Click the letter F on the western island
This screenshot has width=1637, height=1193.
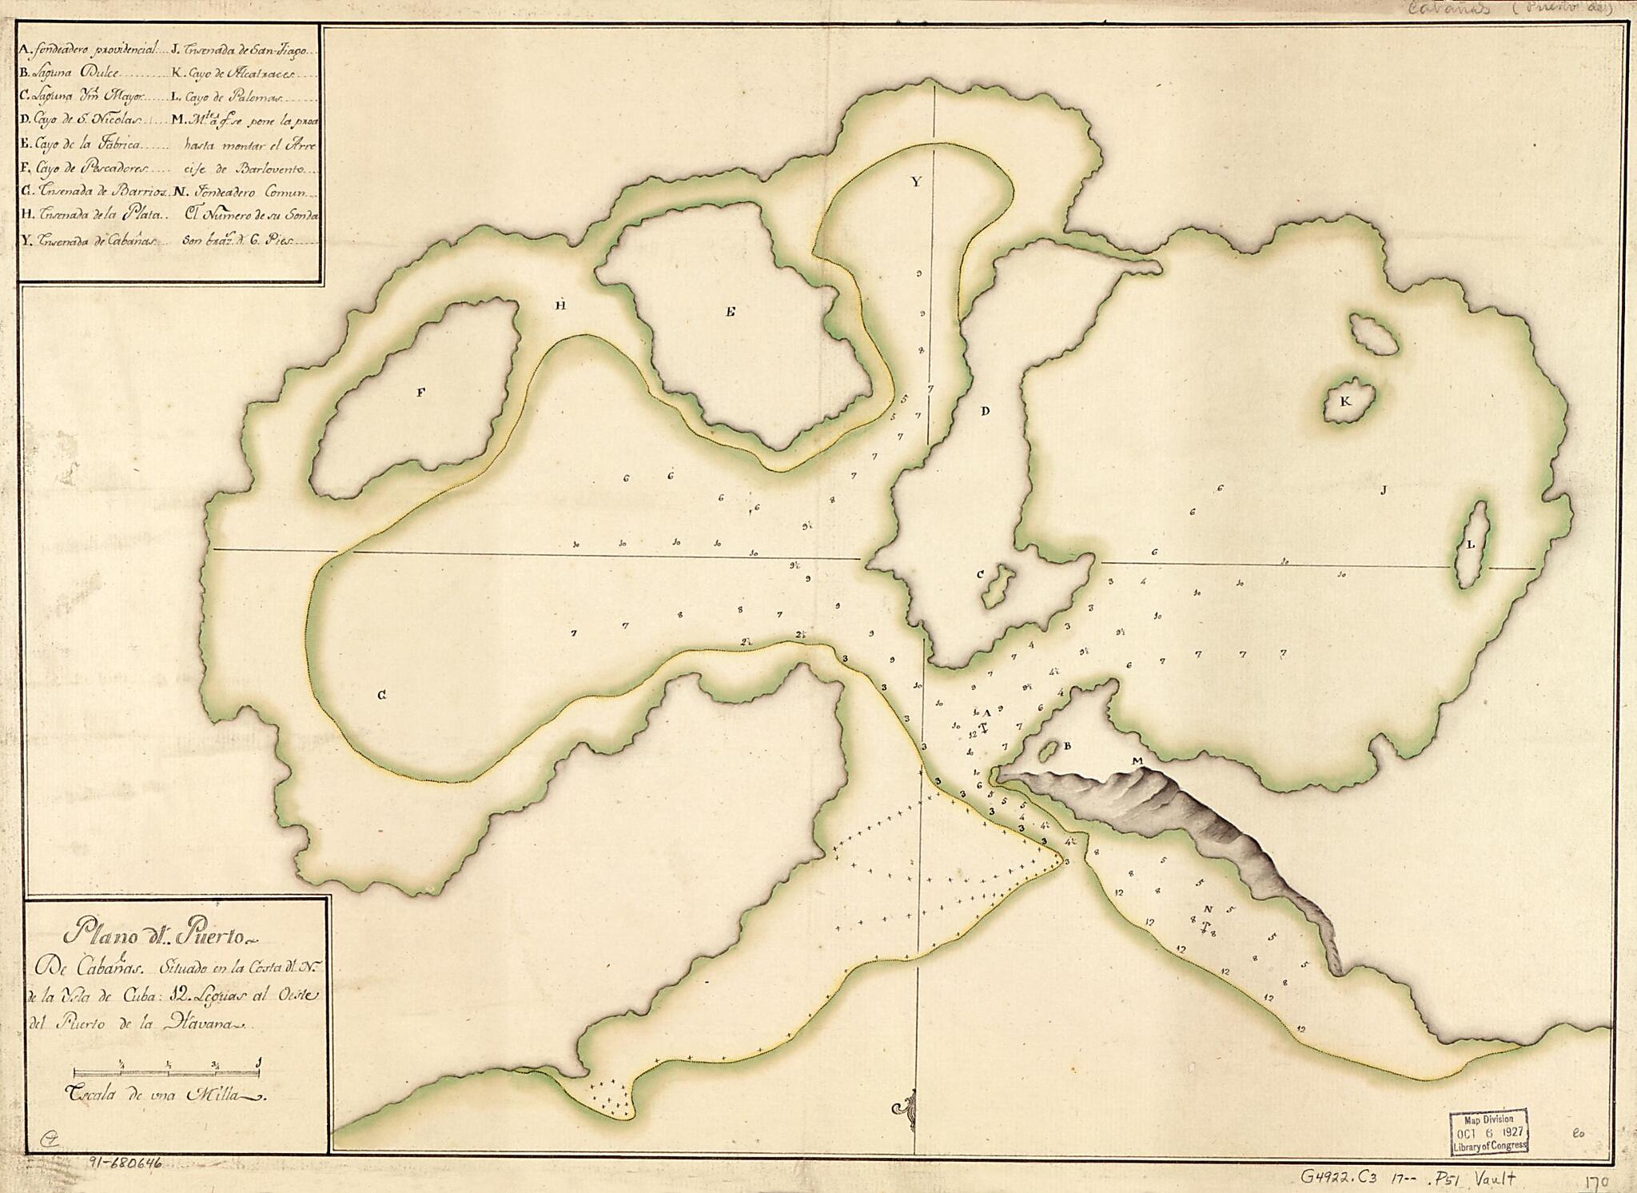(420, 392)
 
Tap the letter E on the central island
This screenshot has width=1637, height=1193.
(729, 313)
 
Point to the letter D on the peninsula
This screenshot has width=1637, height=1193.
(985, 411)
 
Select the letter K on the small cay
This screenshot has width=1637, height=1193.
(1345, 401)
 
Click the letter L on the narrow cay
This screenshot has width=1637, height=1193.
(1471, 545)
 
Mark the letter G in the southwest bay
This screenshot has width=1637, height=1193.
(383, 696)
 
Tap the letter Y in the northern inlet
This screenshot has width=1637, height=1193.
(917, 182)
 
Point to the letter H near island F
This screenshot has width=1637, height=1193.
(561, 305)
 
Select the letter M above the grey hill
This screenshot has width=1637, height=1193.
(1137, 760)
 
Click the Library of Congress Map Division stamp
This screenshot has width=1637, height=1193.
(1488, 1130)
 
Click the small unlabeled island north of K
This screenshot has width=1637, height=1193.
(1373, 335)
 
